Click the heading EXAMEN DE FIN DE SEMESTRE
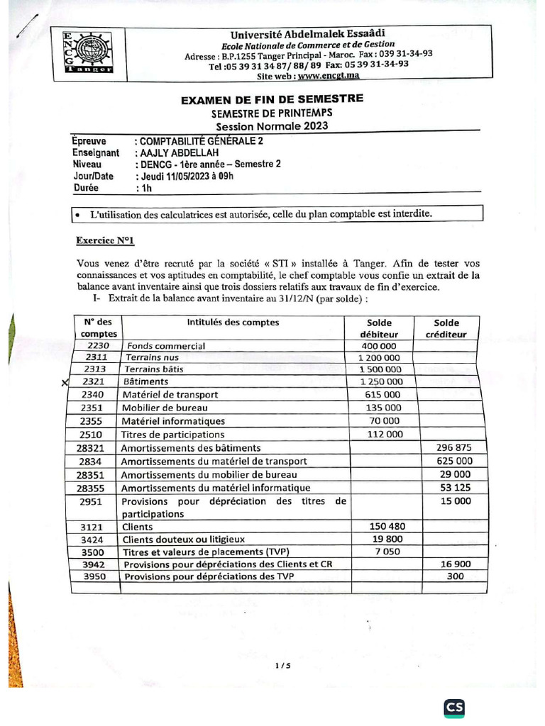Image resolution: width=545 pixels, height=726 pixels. pos(272,99)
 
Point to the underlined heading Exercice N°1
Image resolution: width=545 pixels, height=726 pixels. pos(105,240)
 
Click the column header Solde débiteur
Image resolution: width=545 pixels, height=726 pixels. pos(380,328)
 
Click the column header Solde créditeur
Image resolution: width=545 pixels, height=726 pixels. pos(447,328)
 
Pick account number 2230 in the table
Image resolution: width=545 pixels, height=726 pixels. pos(98,346)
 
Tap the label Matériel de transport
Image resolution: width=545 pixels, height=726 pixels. pos(170,395)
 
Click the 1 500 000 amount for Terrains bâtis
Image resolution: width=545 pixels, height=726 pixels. pos(380,369)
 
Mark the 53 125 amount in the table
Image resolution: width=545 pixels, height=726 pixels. pos(453,488)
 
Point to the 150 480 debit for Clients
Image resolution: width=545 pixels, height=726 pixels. pos(387,527)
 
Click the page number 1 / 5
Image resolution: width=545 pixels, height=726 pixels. pos(282,666)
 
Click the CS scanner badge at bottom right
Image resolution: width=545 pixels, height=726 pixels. pos(454,708)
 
